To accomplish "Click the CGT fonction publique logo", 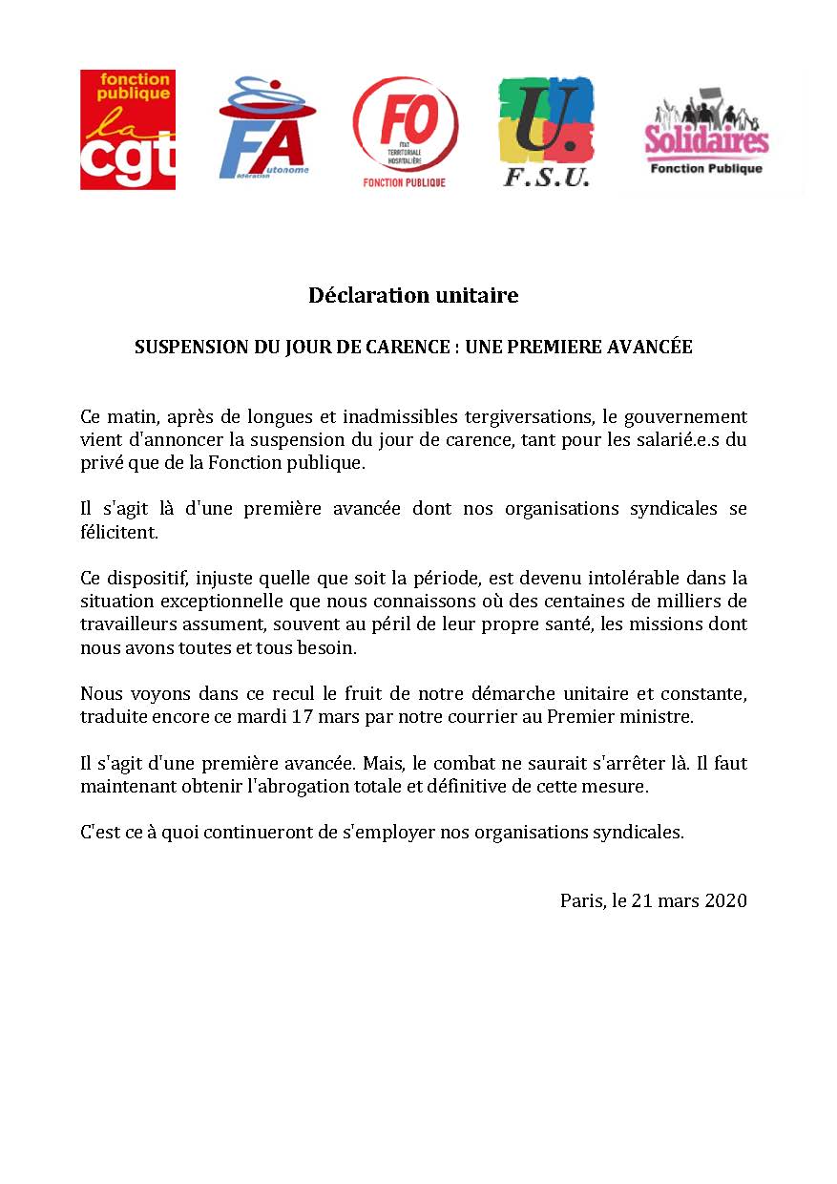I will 127,130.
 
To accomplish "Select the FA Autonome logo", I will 262,130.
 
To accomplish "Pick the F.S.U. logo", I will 546,132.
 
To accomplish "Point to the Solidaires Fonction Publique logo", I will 706,134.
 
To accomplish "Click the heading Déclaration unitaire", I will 413,296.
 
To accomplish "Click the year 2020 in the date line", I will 725,900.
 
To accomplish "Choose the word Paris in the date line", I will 581,900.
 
